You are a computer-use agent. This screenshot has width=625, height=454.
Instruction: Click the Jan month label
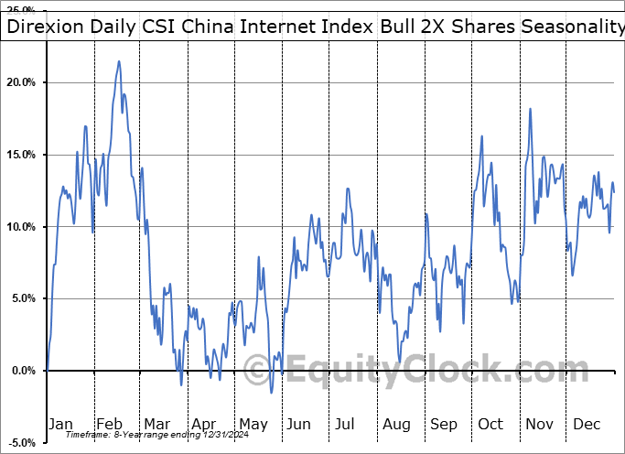point(59,425)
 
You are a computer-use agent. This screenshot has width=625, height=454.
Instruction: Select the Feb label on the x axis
point(109,425)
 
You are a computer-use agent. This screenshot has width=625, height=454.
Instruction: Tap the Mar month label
point(156,425)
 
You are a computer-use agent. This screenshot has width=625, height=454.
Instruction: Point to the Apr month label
point(204,425)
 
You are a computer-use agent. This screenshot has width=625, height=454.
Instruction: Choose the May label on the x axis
point(253,425)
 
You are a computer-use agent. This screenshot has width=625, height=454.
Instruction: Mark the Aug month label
point(396,425)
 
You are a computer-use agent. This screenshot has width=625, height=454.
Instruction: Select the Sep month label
point(444,425)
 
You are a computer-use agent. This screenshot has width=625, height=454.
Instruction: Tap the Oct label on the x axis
point(491,425)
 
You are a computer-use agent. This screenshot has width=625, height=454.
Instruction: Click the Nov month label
point(540,425)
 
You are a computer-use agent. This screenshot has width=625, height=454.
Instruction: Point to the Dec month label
point(587,425)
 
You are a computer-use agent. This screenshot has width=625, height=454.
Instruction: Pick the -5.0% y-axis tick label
point(20,443)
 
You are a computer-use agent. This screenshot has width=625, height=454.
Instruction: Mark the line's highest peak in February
point(119,61)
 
